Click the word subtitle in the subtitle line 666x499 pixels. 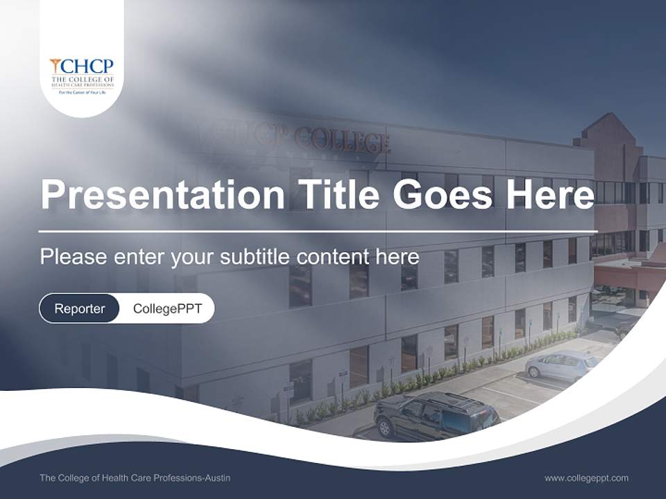(x=256, y=257)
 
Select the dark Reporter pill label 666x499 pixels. (x=79, y=308)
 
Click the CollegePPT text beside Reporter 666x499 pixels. (x=167, y=308)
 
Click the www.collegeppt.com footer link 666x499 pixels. (x=586, y=478)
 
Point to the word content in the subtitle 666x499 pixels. (x=334, y=257)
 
